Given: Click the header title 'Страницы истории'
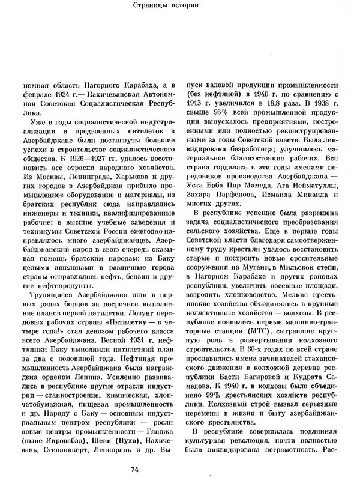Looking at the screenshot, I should [179, 7].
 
